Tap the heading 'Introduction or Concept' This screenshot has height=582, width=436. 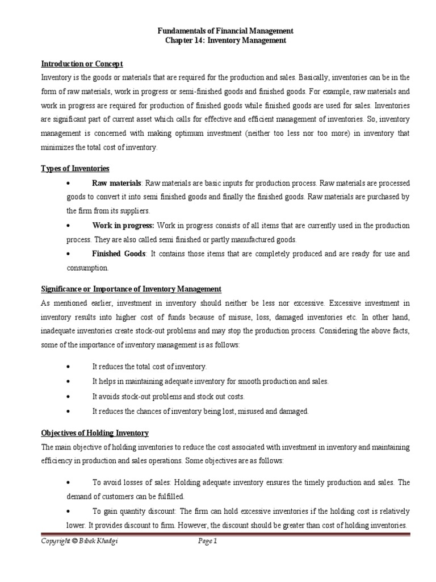pyautogui.click(x=82, y=64)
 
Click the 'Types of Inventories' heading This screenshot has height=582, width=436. pyautogui.click(x=76, y=169)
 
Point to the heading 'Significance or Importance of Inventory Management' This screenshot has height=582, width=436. pyautogui.click(x=131, y=289)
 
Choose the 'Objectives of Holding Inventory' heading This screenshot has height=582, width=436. pyautogui.click(x=95, y=433)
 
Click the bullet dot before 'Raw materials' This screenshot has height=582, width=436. pyautogui.click(x=68, y=184)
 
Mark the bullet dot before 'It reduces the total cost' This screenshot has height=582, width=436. pyautogui.click(x=68, y=367)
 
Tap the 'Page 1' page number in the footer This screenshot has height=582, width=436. pyautogui.click(x=208, y=542)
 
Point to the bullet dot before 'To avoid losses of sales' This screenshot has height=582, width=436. pyautogui.click(x=68, y=483)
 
